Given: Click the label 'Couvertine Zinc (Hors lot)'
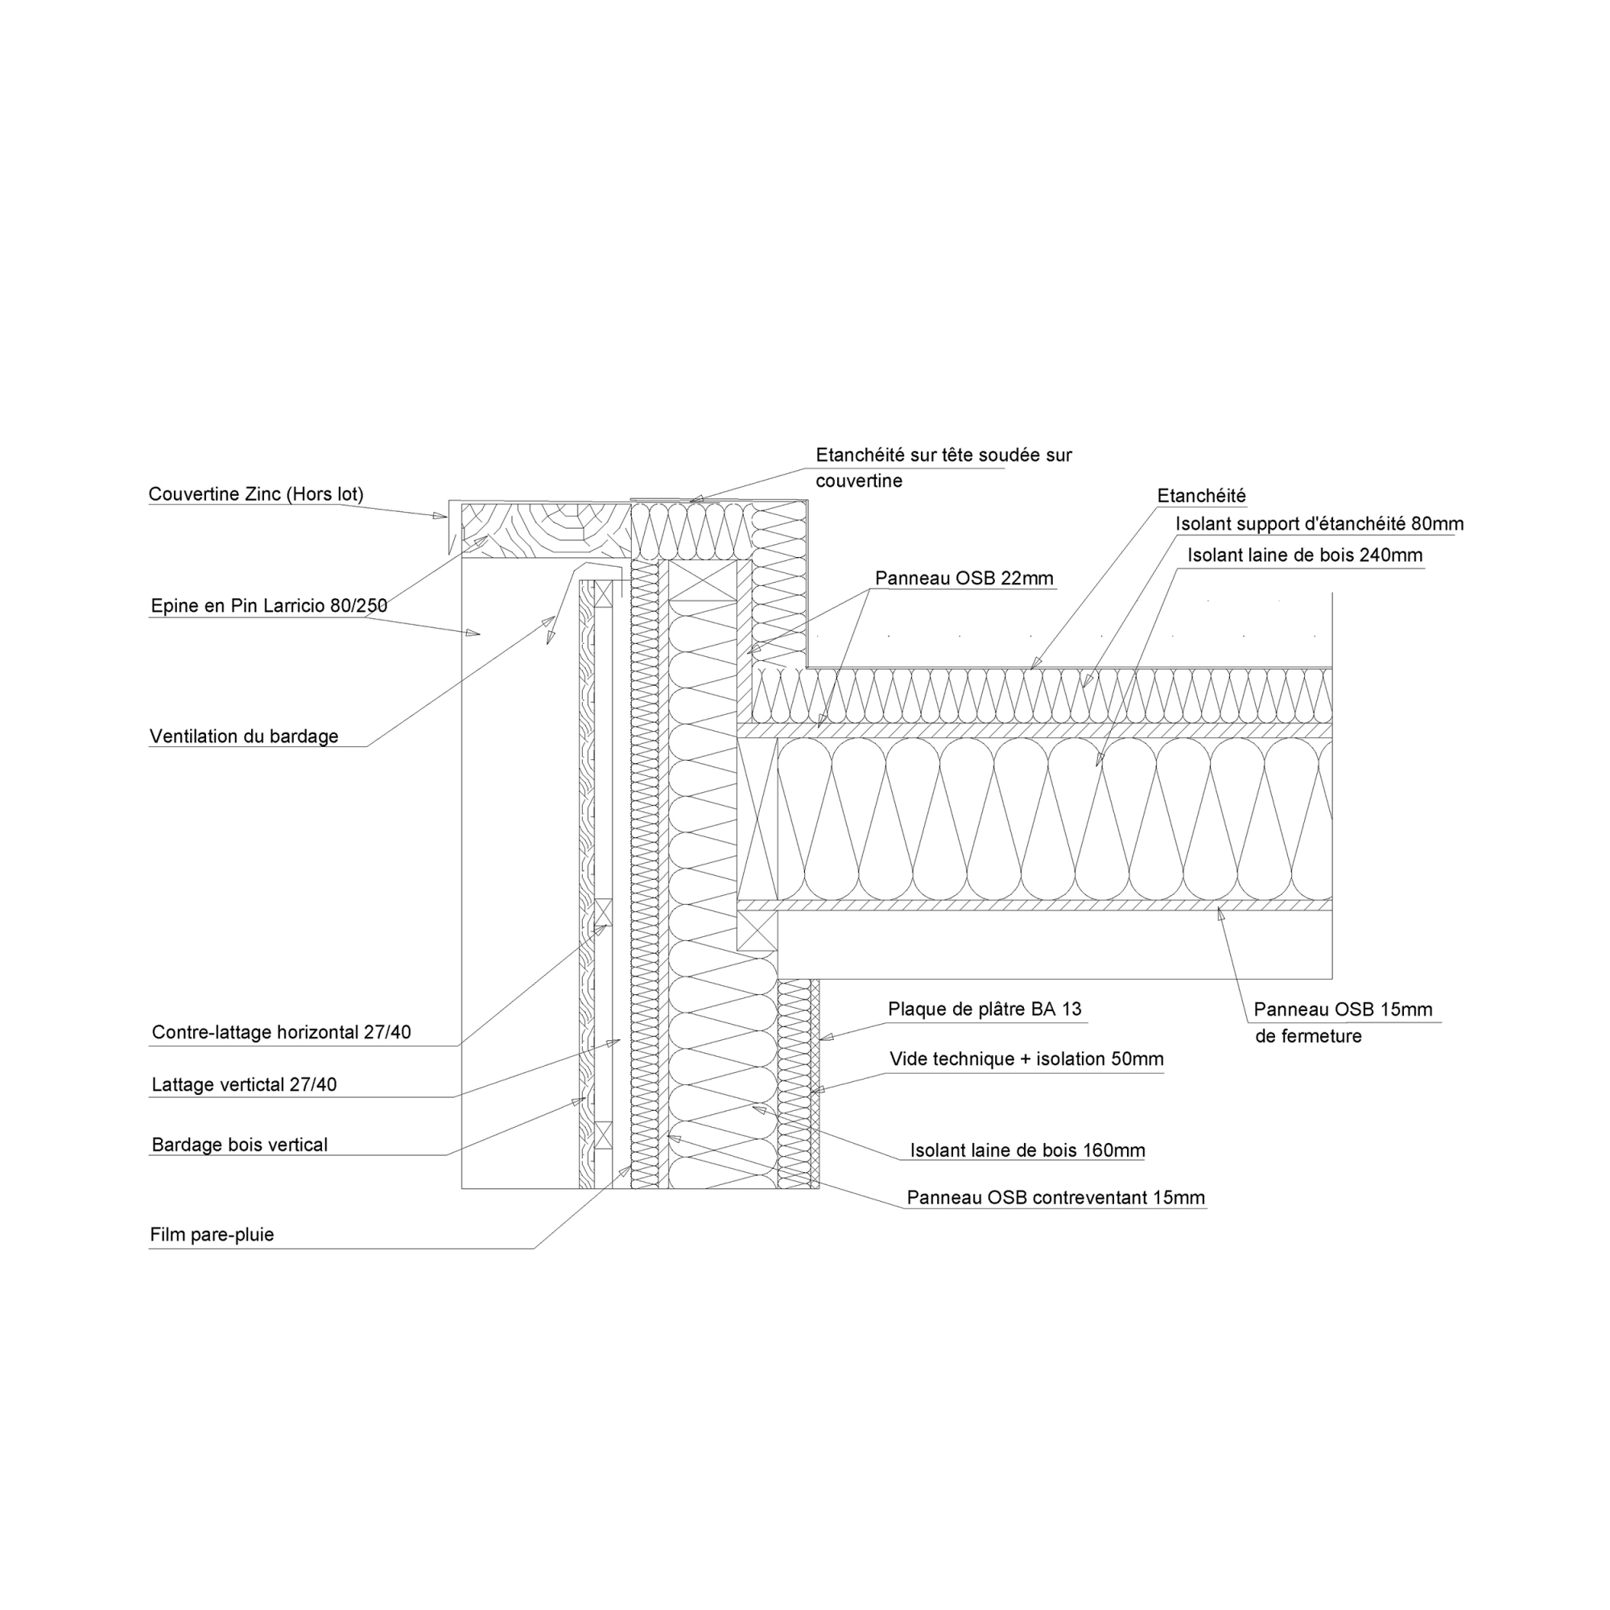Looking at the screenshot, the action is pos(256,494).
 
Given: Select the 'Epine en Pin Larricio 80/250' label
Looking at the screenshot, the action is pos(269,606).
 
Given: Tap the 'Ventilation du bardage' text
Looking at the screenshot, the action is pos(244,737).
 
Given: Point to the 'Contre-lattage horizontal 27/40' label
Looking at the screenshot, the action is pos(282,1033).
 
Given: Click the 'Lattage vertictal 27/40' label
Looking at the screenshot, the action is pos(244,1085).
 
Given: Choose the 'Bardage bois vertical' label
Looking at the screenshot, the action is pos(240,1145).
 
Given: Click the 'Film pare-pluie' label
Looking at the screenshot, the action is pos(212,1235).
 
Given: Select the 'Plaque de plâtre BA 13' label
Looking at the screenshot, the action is pos(985,1009).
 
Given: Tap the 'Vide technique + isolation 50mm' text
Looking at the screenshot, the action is pos(1026,1059).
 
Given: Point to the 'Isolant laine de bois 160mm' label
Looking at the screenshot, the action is pos(1027,1151).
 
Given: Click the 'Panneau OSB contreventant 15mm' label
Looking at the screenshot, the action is pos(1056,1199).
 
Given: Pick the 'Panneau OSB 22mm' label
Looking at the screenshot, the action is pos(964,578).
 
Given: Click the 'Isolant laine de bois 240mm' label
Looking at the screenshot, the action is pos(1305,555).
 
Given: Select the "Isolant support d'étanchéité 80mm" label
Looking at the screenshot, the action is pos(1320,524).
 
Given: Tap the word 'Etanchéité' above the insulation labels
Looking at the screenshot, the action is pos(1202,496).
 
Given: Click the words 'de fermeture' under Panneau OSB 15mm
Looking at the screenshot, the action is pos(1308,1037).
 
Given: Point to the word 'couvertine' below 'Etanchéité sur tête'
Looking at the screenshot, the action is pos(859,481).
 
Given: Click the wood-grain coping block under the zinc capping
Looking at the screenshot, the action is pos(546,530).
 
